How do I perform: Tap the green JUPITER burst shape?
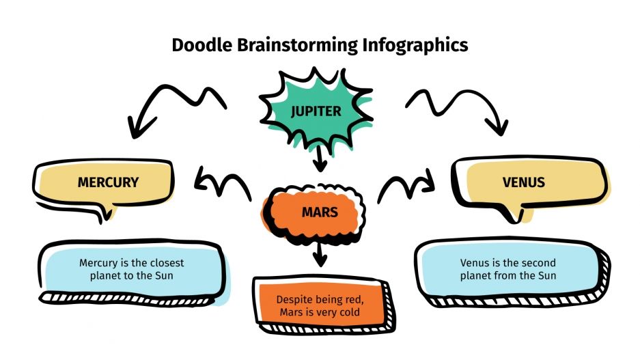click(x=315, y=111)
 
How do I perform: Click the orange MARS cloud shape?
click(x=319, y=212)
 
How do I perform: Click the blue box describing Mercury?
click(x=131, y=269)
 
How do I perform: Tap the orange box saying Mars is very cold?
click(x=319, y=306)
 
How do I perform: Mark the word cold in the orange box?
click(x=348, y=313)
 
